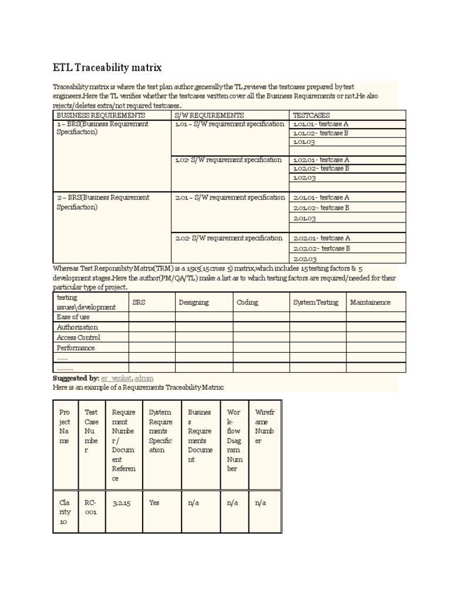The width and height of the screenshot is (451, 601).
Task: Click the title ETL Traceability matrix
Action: pos(107,67)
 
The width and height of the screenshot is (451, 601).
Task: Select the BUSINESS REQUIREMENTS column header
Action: pos(100,115)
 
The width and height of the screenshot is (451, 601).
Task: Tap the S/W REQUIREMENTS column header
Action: pos(210,115)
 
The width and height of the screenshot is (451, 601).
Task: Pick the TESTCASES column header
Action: pos(311,115)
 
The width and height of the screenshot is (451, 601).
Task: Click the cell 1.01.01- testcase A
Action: pos(321,124)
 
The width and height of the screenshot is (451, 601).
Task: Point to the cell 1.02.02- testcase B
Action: pos(321,168)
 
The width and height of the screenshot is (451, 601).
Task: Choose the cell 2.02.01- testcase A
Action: pos(321,238)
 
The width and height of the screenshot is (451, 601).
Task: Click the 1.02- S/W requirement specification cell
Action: pos(228,160)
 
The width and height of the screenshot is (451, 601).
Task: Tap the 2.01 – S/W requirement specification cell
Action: pos(230,198)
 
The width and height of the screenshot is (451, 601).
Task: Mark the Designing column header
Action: pos(193,302)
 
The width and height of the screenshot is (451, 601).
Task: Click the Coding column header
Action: pos(247,302)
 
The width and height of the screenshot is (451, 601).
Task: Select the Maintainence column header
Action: pos(370,302)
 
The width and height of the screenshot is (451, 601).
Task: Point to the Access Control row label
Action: pos(79,337)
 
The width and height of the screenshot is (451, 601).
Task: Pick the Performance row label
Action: pos(76,348)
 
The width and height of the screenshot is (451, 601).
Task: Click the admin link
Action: pos(144,379)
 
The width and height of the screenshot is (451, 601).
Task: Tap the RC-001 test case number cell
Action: pos(90,507)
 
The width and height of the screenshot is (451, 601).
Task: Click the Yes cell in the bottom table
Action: pos(154,503)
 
